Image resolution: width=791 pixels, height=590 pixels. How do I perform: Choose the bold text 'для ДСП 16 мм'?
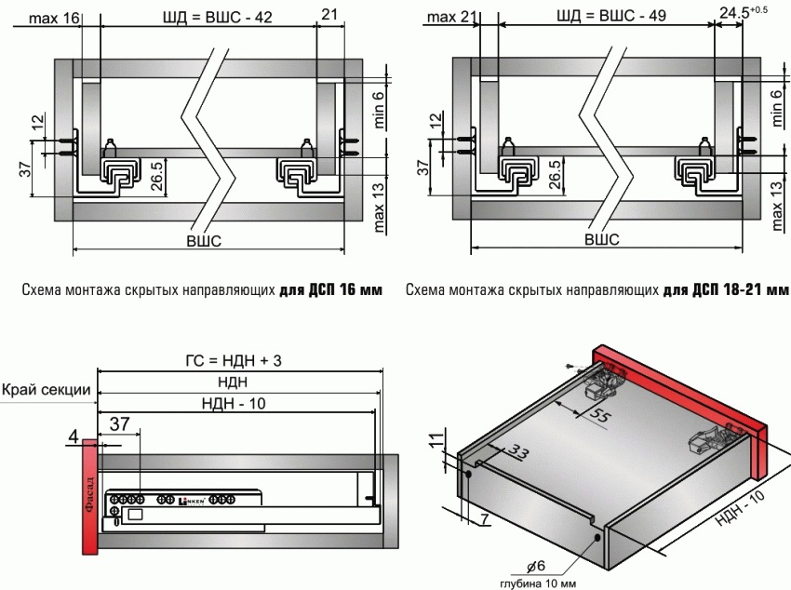coord(330,289)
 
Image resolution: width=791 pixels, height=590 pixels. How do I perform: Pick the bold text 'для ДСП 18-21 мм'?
coord(727,289)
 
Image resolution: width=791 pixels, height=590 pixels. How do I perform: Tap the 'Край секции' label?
coord(47,390)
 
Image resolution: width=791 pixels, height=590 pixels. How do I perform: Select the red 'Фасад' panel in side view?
coord(89,498)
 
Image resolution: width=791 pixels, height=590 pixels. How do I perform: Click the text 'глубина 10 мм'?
coord(539,584)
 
